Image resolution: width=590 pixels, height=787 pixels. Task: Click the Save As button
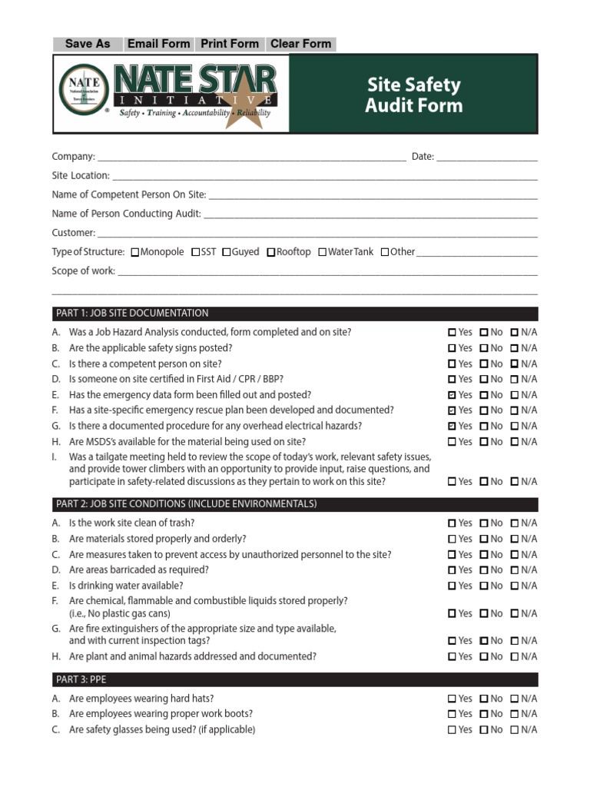click(x=88, y=44)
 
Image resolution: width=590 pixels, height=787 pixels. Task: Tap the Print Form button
click(x=230, y=44)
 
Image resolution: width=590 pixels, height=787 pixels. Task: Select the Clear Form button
click(x=300, y=44)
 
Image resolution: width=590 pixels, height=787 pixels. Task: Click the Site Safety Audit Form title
click(x=413, y=95)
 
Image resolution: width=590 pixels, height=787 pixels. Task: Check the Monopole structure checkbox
click(x=135, y=252)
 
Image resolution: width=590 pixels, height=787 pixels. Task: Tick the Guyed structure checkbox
click(x=227, y=252)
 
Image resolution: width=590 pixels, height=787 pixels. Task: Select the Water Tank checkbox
click(x=323, y=252)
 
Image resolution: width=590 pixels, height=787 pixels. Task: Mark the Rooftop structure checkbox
click(x=271, y=252)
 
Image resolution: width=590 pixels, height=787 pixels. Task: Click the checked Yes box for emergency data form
click(x=452, y=395)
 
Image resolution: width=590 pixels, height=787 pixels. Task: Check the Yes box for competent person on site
click(x=452, y=364)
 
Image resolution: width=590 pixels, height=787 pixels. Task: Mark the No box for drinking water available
click(x=484, y=586)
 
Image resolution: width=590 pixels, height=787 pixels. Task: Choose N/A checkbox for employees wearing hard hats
click(x=515, y=699)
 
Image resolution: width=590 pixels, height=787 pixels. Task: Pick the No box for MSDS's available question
click(x=484, y=442)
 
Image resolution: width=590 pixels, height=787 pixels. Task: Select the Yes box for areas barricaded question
click(x=452, y=570)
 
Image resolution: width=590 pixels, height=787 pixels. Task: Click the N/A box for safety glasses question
click(x=515, y=730)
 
